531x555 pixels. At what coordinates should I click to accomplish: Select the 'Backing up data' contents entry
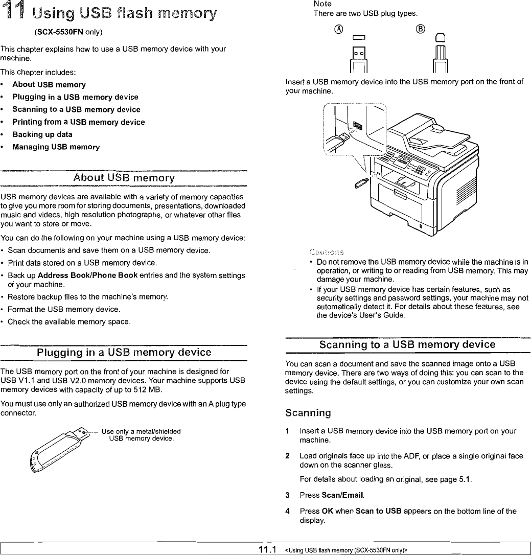(42, 134)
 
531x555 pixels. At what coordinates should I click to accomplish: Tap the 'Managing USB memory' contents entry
(56, 147)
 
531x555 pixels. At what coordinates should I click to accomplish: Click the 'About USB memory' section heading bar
(124, 178)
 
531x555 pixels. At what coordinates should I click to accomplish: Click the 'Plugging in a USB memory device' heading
(124, 353)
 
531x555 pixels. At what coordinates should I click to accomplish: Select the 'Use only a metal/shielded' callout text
(142, 431)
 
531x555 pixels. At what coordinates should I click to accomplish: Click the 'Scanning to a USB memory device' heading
(407, 344)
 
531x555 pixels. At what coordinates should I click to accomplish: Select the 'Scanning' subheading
(308, 412)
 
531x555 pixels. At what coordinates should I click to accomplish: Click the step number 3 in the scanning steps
(288, 495)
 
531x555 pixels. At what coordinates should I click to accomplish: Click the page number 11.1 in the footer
(268, 549)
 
